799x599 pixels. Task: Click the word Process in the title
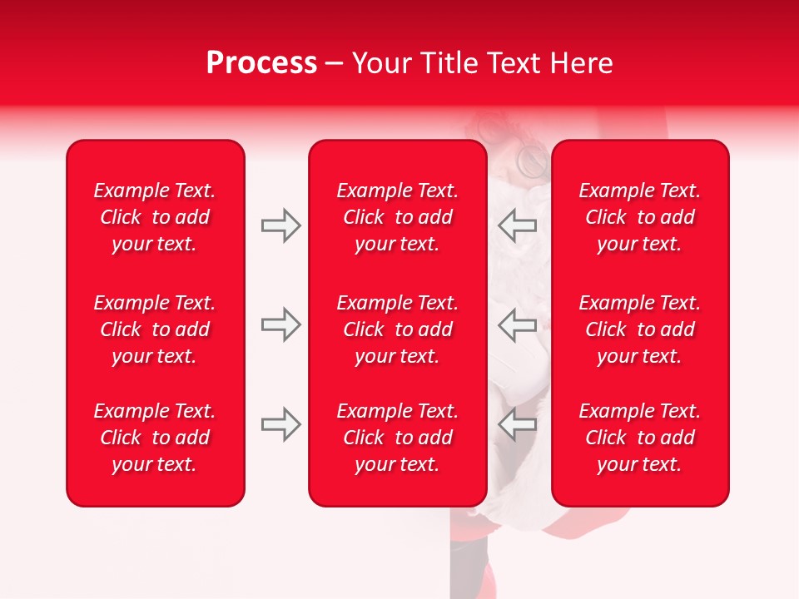pos(261,63)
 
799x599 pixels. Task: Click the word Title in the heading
pos(449,63)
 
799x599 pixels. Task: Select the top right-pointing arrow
pos(280,225)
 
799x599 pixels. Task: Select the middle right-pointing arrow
pos(280,324)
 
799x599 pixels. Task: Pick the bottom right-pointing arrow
pos(280,424)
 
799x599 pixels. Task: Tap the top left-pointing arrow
pos(518,225)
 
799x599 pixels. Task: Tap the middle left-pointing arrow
pos(518,324)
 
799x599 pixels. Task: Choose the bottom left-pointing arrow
pos(518,424)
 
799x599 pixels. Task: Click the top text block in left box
pos(155,217)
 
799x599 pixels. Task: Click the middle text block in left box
pos(155,329)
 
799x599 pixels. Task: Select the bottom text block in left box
pos(155,438)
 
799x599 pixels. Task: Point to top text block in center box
pos(397,217)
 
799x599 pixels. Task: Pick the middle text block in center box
pos(397,329)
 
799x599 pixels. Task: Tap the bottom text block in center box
pos(397,438)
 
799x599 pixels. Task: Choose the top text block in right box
pos(639,217)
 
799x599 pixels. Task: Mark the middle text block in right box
pos(639,329)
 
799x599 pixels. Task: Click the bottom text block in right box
pos(639,438)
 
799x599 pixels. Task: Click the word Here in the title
pos(582,63)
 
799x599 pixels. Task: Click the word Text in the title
pos(515,63)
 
